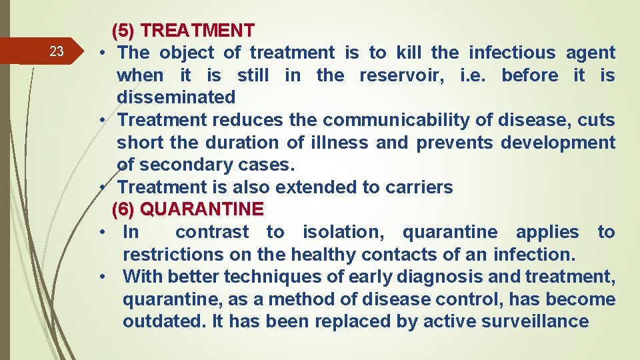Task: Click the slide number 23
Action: (x=57, y=52)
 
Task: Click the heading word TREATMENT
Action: (x=198, y=31)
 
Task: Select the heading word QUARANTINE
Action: (x=203, y=209)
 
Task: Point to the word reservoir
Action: (x=402, y=75)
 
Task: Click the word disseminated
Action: (x=176, y=97)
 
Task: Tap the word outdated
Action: (x=162, y=321)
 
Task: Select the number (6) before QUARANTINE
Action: (x=123, y=209)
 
